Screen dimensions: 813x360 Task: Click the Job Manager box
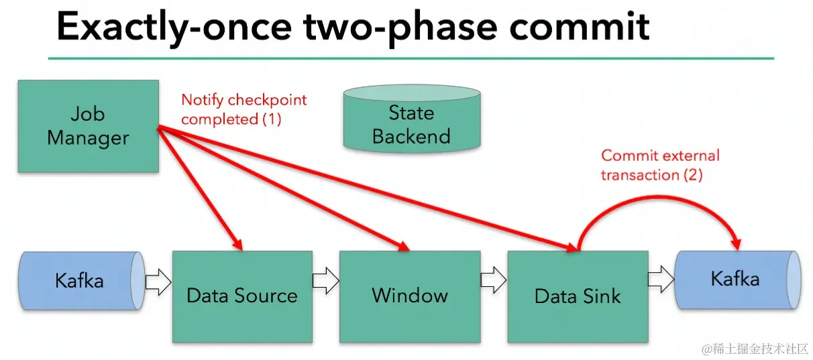(88, 126)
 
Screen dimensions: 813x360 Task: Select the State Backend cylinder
(412, 118)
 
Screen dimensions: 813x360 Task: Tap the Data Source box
(242, 296)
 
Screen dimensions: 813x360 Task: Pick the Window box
(410, 296)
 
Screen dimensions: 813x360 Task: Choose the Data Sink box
(578, 296)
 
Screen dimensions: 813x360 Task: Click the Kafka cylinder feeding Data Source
(82, 280)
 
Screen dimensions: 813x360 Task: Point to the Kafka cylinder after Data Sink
(738, 280)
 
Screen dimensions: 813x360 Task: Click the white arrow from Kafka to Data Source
(158, 282)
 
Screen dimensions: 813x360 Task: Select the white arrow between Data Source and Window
(326, 280)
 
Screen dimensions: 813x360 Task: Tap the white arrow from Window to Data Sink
(494, 280)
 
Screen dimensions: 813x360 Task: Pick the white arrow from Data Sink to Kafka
(661, 279)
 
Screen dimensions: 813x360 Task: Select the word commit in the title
(580, 27)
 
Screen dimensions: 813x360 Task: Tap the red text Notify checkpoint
(244, 100)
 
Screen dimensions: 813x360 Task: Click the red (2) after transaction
(693, 175)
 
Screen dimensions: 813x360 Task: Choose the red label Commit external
(660, 156)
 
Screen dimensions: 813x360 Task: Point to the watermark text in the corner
(755, 349)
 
